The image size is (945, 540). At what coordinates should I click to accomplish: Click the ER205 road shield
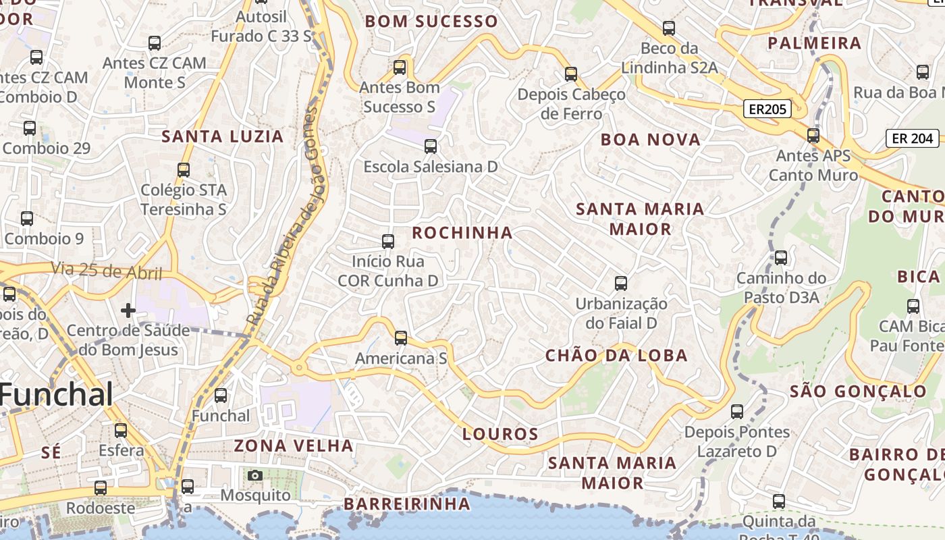(x=767, y=109)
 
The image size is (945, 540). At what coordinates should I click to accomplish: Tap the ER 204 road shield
(x=913, y=138)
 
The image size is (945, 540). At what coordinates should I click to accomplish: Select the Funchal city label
(x=57, y=394)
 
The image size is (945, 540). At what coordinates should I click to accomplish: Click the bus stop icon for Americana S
(x=401, y=338)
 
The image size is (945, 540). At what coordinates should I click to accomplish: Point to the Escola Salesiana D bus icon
(x=431, y=146)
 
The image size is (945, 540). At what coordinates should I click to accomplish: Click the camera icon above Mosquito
(x=254, y=475)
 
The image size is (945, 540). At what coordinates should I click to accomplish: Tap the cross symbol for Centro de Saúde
(x=128, y=310)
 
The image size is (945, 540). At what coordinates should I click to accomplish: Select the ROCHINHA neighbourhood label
(x=462, y=233)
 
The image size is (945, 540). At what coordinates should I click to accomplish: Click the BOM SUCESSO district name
(x=431, y=22)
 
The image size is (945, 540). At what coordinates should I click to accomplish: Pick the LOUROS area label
(x=500, y=434)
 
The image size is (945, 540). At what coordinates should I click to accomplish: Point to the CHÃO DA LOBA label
(x=616, y=356)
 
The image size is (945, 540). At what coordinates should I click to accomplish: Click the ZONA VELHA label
(x=294, y=446)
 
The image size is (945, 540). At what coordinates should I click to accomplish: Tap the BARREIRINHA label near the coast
(x=407, y=504)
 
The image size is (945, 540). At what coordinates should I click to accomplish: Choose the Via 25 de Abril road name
(x=107, y=271)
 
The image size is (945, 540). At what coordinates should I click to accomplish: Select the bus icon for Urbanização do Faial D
(x=621, y=283)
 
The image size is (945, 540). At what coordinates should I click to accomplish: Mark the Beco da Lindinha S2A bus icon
(x=669, y=28)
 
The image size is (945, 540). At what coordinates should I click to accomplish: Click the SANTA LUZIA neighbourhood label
(x=222, y=136)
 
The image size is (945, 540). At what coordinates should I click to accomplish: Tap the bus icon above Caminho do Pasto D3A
(x=781, y=258)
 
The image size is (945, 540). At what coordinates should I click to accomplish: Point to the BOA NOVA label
(x=651, y=140)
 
